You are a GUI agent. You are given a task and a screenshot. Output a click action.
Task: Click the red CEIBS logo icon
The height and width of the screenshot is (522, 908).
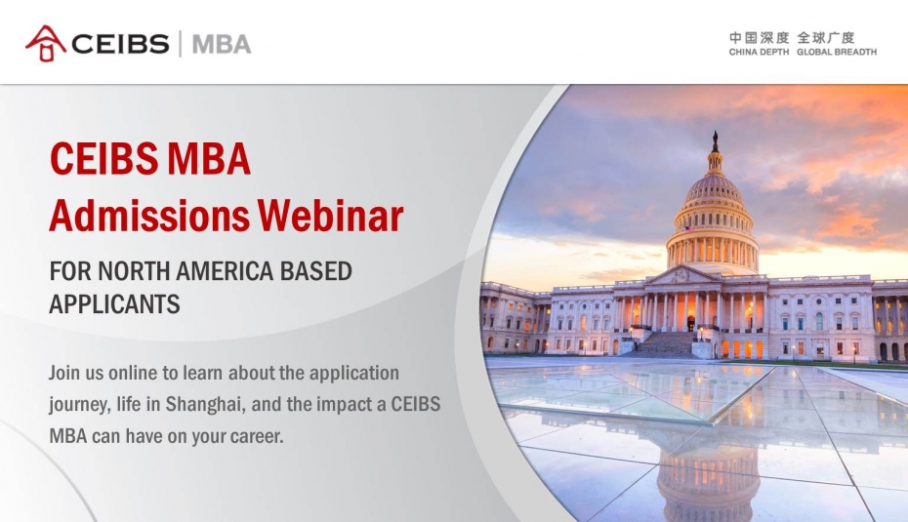coord(45,43)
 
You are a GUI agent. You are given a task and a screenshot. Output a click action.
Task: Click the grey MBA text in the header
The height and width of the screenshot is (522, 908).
coord(222,44)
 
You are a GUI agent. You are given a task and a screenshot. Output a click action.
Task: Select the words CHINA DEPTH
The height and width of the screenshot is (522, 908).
coord(759,52)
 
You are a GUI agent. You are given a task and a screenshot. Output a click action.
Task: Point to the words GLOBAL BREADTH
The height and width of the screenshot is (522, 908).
coord(837,52)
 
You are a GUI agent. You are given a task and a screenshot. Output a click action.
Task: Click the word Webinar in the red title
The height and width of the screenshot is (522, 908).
coord(330,216)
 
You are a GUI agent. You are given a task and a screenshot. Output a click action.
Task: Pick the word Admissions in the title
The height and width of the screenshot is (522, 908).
coord(149,216)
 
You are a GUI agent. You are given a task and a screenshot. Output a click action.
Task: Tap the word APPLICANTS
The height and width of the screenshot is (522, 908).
coord(114,303)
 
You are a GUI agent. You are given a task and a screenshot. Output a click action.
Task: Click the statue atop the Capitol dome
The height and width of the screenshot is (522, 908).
coord(715,141)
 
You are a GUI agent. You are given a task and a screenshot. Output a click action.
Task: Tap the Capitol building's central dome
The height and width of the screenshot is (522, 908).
coord(713,220)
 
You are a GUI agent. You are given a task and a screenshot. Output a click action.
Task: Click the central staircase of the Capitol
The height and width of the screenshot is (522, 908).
coord(665,343)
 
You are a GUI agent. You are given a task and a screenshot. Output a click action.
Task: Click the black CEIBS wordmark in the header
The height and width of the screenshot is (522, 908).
coord(120,44)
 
